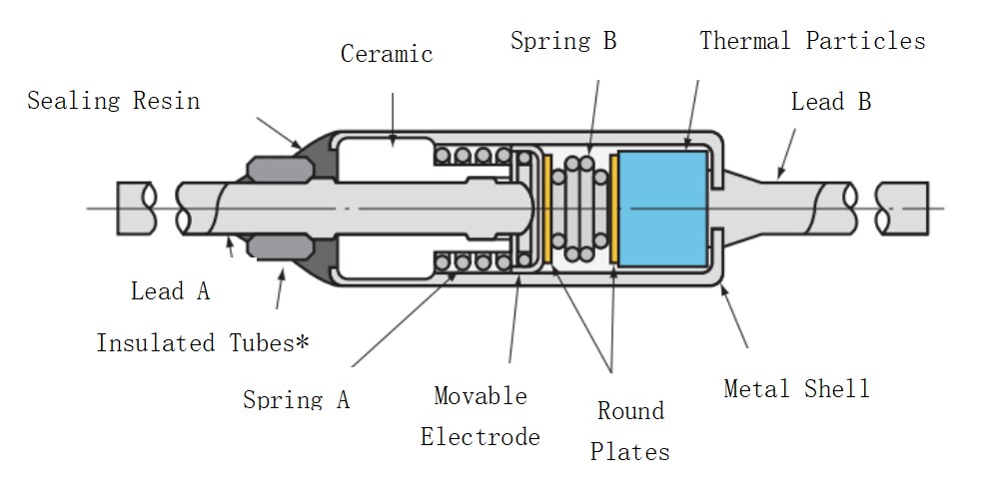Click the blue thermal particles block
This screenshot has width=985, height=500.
pyautogui.click(x=662, y=208)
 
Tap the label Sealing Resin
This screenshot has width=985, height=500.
pyautogui.click(x=113, y=101)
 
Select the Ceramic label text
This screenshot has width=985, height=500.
pyautogui.click(x=387, y=54)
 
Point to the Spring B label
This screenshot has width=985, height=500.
pyautogui.click(x=563, y=41)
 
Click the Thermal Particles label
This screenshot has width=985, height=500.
pyautogui.click(x=812, y=41)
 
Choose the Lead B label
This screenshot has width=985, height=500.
pyautogui.click(x=831, y=102)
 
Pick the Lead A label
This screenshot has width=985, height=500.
pyautogui.click(x=171, y=291)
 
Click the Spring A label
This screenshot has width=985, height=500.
pyautogui.click(x=297, y=399)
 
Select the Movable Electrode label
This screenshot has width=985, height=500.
pyautogui.click(x=481, y=416)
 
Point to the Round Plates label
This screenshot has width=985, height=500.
pyautogui.click(x=630, y=431)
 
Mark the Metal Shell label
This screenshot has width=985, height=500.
pyautogui.click(x=796, y=388)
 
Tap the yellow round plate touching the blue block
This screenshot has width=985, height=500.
pyautogui.click(x=613, y=208)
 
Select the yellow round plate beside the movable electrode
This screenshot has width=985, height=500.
pyautogui.click(x=547, y=208)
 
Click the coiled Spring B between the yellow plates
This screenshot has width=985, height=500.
pyautogui.click(x=580, y=208)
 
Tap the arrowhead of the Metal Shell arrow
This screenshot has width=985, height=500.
pyautogui.click(x=721, y=286)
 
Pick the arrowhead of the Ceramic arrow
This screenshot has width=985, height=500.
pyautogui.click(x=394, y=146)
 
